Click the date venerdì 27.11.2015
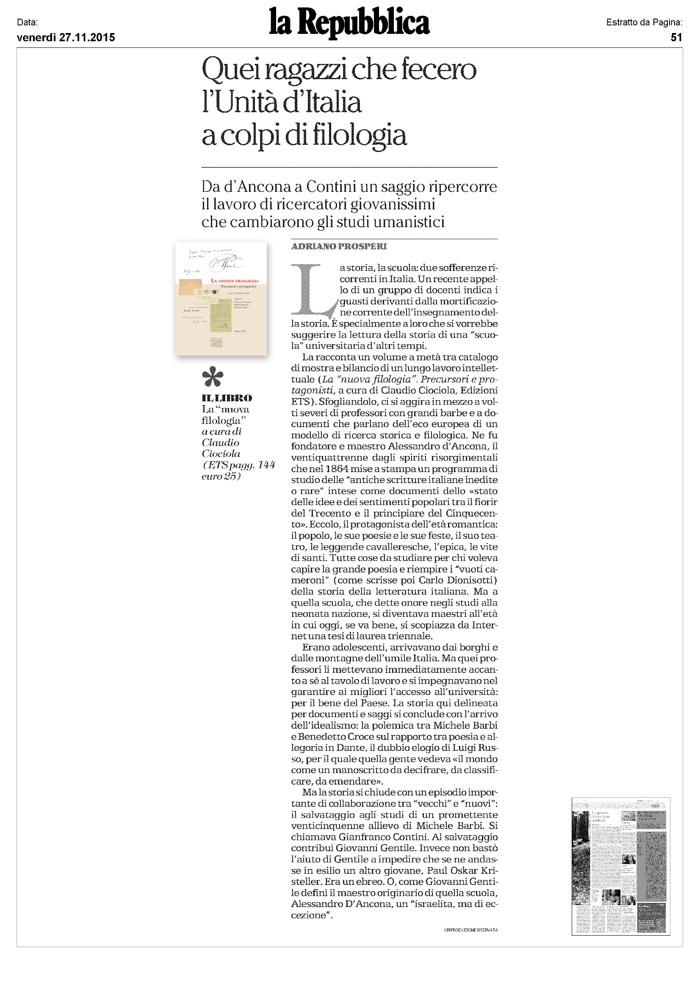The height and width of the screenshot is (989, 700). pos(66,38)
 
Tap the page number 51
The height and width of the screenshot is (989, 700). pos(676,38)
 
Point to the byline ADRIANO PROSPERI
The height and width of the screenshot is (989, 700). pos(339,246)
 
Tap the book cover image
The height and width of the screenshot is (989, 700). pos(221,298)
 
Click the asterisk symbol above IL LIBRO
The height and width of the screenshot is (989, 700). pos(213,377)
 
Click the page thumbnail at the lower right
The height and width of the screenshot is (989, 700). pos(620,866)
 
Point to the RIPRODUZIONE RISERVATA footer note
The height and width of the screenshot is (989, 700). pos(471,930)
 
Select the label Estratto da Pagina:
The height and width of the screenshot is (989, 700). pos(644,22)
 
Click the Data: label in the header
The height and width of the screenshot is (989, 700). pos(27,22)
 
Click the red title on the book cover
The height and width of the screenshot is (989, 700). pos(235,281)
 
